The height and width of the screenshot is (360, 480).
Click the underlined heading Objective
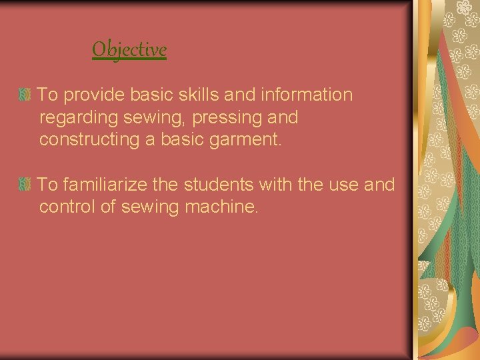click(129, 49)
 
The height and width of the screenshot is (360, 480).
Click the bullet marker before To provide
click(25, 96)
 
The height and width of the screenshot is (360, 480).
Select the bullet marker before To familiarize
click(25, 185)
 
